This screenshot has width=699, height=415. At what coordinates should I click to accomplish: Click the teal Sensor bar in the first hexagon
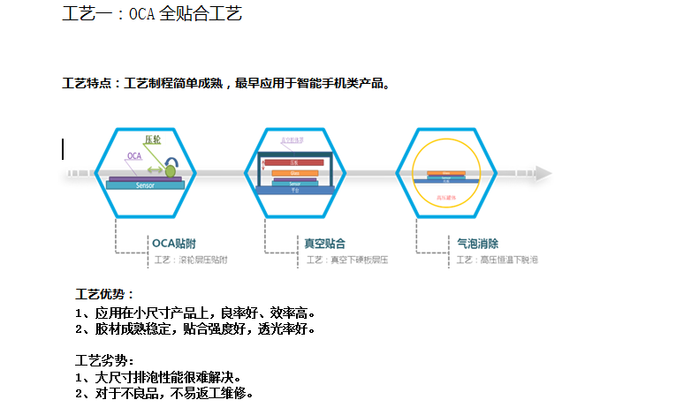[146, 185]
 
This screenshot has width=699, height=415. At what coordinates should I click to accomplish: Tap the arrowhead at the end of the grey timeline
[545, 173]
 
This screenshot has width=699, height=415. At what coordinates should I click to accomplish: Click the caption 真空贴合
[324, 243]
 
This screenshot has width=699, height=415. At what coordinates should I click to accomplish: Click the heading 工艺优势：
[105, 294]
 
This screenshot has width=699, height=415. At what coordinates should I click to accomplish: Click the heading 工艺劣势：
[105, 360]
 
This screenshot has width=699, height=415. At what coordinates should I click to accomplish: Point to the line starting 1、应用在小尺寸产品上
[195, 312]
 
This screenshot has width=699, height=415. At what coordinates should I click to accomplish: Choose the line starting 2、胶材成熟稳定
[195, 328]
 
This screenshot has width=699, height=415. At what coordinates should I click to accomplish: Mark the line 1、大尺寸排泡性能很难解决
[159, 377]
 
